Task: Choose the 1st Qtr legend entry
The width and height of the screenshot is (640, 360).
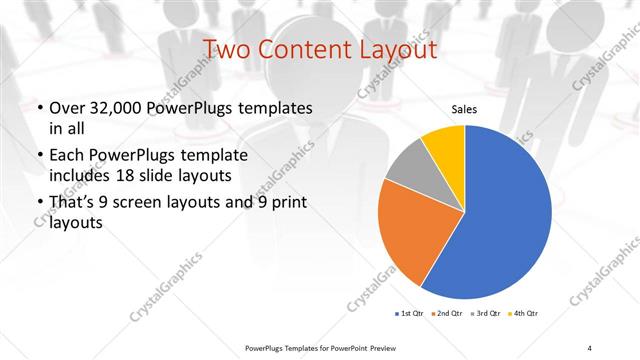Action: tap(410, 315)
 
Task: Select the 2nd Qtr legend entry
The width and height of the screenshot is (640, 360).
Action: tap(446, 315)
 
